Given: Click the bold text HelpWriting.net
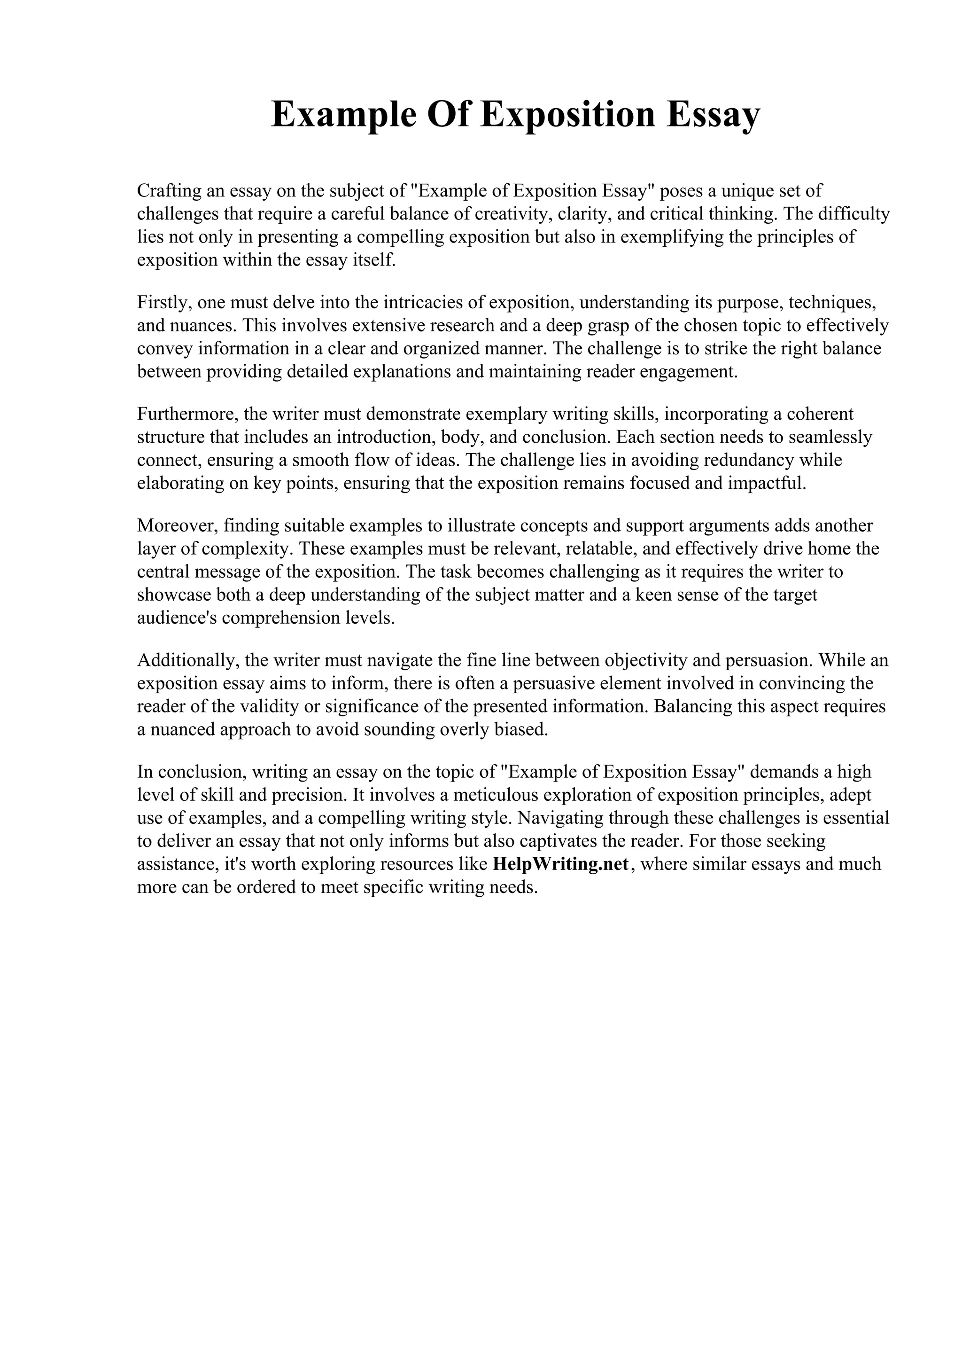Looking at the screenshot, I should (560, 864).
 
